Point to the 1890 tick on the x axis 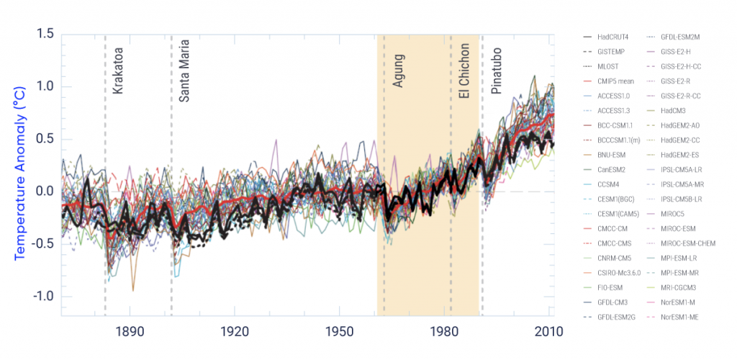pos(130,332)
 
